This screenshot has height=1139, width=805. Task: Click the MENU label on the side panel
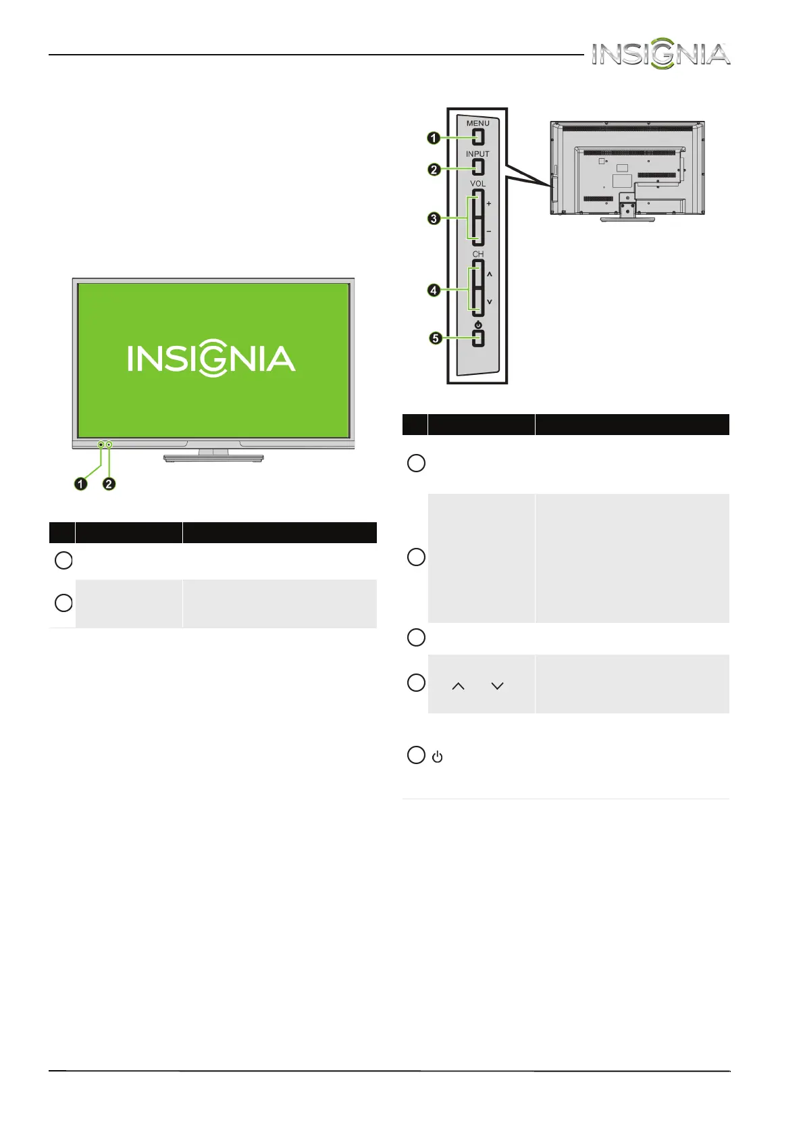pos(477,124)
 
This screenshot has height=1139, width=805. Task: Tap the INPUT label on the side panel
pos(477,154)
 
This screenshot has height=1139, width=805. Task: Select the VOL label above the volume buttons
pos(477,184)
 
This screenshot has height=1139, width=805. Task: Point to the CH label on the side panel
pos(477,255)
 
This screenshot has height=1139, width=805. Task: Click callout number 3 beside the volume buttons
pos(434,218)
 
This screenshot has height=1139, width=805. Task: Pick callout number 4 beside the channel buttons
pos(434,290)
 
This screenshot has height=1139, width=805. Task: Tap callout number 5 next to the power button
pos(436,338)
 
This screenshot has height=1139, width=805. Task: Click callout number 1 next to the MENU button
pos(434,138)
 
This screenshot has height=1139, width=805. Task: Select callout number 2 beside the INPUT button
pos(434,170)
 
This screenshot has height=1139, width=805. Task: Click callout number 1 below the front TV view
pos(81,484)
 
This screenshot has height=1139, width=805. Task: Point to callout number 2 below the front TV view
pos(109,484)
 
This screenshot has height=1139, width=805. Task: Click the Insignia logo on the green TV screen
pos(211,359)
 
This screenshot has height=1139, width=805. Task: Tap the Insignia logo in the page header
pos(660,53)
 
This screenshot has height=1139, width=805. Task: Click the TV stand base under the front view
pos(213,458)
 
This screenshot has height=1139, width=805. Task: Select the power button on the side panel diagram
pos(478,338)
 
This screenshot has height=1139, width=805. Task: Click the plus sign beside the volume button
pos(489,203)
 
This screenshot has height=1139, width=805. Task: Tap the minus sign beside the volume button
pos(489,232)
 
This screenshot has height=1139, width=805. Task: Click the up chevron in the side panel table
pos(458,686)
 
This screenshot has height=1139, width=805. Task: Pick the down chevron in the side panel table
pos(498,686)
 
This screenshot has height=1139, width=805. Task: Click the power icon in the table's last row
pos(438,757)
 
